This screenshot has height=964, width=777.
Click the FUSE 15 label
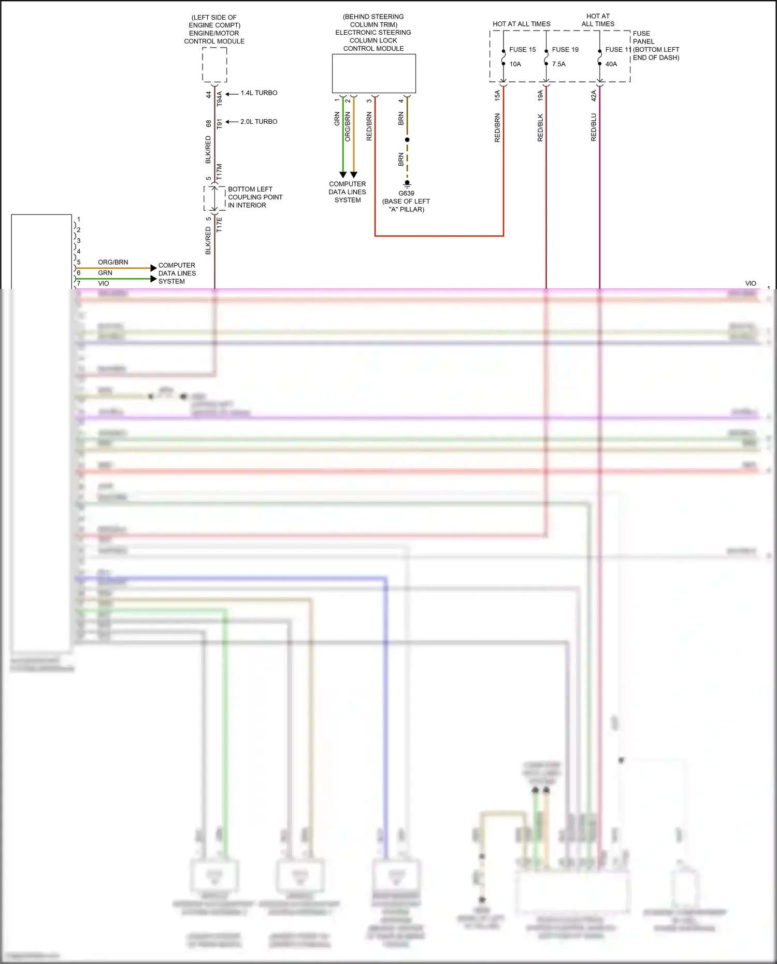pyautogui.click(x=522, y=50)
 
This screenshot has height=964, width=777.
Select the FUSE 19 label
pyautogui.click(x=565, y=50)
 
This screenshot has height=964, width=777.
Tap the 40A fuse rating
pyautogui.click(x=611, y=64)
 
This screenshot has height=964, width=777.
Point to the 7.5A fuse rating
pyautogui.click(x=559, y=64)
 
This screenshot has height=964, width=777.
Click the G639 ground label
pyautogui.click(x=406, y=193)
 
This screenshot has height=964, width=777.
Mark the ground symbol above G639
pyautogui.click(x=407, y=183)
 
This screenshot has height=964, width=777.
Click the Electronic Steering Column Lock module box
pyautogui.click(x=373, y=74)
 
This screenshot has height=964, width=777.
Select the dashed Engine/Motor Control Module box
pyautogui.click(x=214, y=65)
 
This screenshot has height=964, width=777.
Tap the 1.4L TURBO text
pyautogui.click(x=259, y=93)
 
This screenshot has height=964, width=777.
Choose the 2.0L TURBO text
pyautogui.click(x=259, y=122)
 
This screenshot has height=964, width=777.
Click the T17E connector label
pyautogui.click(x=219, y=224)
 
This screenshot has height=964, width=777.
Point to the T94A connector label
pyautogui.click(x=219, y=99)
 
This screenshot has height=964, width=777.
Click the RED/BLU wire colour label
pyautogui.click(x=594, y=127)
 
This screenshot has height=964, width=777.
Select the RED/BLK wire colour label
pyautogui.click(x=540, y=127)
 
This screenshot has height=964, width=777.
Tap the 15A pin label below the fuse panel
pyautogui.click(x=497, y=95)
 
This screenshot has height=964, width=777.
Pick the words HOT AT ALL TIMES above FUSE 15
pyautogui.click(x=521, y=24)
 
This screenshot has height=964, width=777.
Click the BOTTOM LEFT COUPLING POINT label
pyautogui.click(x=255, y=197)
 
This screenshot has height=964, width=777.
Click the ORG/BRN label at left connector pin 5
pyautogui.click(x=113, y=262)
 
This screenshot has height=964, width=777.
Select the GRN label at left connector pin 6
pyautogui.click(x=105, y=273)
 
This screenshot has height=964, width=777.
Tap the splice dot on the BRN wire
pyautogui.click(x=407, y=140)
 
